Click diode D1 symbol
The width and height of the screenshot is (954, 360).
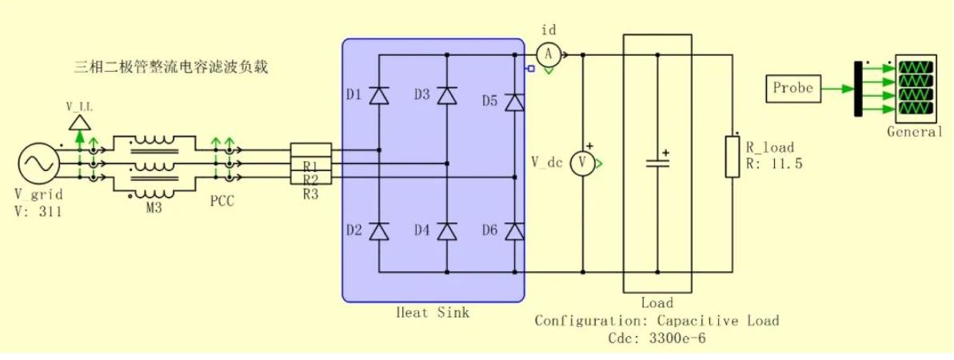[x=380, y=96]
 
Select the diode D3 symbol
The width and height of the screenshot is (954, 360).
[x=447, y=96]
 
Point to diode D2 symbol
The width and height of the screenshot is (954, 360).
[x=380, y=231]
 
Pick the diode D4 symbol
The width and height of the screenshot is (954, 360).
[x=447, y=231]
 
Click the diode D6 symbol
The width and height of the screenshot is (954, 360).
[x=515, y=231]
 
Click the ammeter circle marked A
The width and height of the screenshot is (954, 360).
[x=549, y=55]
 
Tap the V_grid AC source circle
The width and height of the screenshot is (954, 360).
[x=39, y=163]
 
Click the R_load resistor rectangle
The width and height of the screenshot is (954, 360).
[x=732, y=157]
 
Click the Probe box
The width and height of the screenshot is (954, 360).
[x=792, y=88]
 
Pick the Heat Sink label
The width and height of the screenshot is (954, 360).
[x=433, y=313]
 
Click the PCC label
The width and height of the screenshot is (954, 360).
[x=222, y=201]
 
